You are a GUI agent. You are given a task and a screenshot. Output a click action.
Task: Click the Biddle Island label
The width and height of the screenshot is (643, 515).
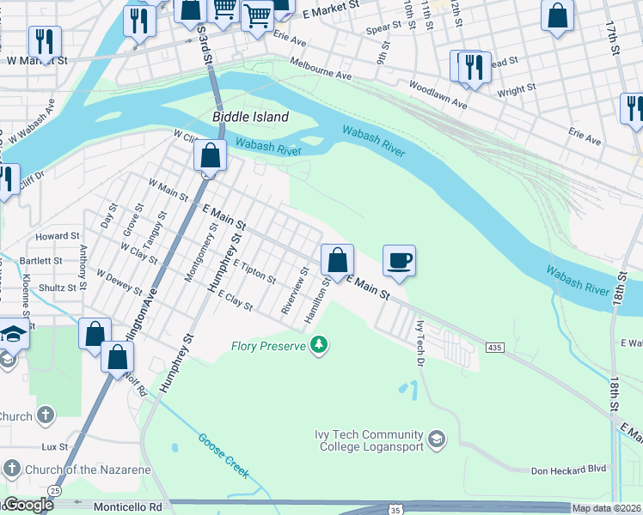250,116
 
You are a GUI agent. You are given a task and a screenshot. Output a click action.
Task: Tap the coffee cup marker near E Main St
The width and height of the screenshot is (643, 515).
399,260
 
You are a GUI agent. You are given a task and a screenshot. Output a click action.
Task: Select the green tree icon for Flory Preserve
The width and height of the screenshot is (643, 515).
320,346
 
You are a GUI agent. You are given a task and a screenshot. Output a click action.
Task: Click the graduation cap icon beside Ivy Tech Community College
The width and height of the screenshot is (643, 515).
438,440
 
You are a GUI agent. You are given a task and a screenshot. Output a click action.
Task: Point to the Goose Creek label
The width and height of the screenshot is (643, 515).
224,454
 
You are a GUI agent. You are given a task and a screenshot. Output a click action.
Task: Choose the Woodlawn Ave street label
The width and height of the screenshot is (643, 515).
438,94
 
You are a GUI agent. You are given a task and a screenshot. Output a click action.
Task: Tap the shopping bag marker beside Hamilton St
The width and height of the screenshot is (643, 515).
338,260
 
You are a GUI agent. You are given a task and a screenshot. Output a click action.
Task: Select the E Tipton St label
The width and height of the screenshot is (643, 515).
254,273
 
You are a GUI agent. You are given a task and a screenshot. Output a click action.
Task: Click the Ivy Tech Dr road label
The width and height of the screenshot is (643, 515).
421,339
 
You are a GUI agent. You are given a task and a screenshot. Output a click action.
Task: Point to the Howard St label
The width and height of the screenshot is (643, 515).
57,236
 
